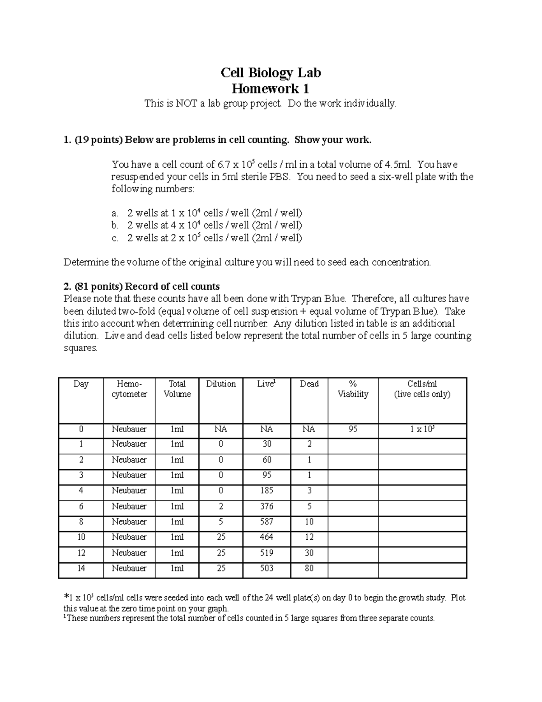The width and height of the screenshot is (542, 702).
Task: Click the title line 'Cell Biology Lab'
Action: click(271, 73)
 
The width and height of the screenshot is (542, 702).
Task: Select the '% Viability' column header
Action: click(353, 389)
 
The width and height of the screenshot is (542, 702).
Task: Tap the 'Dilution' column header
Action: click(221, 384)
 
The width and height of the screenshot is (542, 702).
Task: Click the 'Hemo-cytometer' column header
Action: click(129, 389)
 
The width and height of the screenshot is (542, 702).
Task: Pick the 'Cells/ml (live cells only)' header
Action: click(422, 389)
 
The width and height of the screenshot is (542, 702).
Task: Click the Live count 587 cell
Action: click(266, 522)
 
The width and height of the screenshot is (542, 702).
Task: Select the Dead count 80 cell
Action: click(309, 568)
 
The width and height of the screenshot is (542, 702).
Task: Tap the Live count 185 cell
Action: click(266, 490)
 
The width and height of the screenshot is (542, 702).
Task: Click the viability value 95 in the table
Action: click(353, 429)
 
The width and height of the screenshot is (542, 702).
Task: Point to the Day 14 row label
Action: click(81, 568)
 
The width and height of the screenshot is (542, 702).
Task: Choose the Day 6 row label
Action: click(81, 506)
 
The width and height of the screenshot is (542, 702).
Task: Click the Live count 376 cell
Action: click(266, 506)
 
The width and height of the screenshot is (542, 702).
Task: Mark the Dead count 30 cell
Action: click(309, 553)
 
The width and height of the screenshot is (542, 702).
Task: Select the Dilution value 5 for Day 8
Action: click(221, 522)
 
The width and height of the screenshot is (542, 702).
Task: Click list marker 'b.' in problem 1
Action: click(115, 225)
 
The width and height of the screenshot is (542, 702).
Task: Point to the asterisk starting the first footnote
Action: click(66, 597)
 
